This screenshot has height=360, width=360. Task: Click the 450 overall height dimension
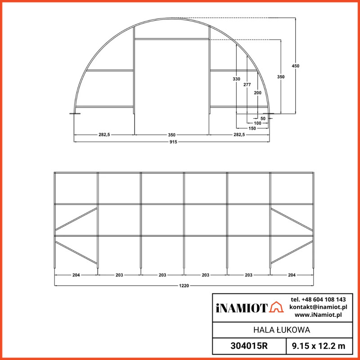pyautogui.click(x=295, y=66)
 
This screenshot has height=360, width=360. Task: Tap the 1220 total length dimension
pyautogui.click(x=184, y=285)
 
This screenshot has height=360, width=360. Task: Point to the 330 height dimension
pyautogui.click(x=236, y=79)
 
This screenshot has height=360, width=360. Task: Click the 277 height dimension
pyautogui.click(x=247, y=85)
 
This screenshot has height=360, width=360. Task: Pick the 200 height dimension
pyautogui.click(x=257, y=93)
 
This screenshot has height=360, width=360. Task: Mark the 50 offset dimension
pyautogui.click(x=263, y=118)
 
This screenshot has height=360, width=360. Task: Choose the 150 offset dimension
pyautogui.click(x=252, y=128)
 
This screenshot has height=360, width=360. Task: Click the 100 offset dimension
pyautogui.click(x=257, y=123)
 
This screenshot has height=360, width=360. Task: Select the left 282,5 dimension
pyautogui.click(x=104, y=135)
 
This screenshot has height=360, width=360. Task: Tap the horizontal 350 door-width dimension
pyautogui.click(x=172, y=135)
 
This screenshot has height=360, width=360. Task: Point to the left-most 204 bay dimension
pyautogui.click(x=76, y=274)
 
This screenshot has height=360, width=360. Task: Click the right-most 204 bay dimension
pyautogui.click(x=292, y=274)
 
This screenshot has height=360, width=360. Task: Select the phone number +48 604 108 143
pyautogui.click(x=318, y=299)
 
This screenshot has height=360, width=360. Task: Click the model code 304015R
pyautogui.click(x=248, y=346)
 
